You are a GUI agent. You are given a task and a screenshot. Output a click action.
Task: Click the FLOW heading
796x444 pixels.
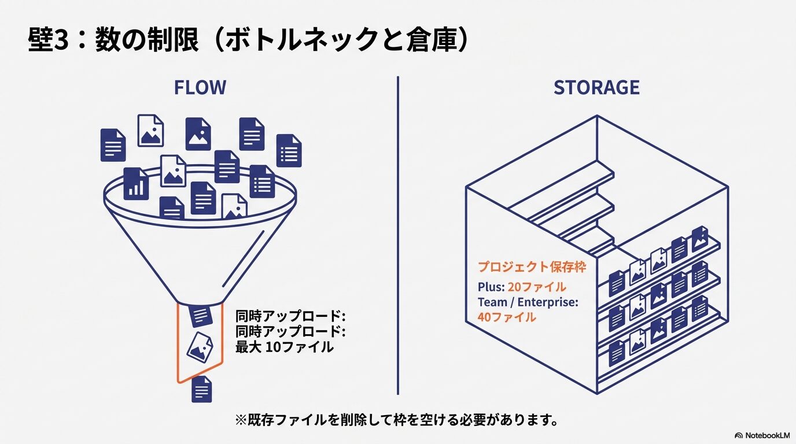point(200,88)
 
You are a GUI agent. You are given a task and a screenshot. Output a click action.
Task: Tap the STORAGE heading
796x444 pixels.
point(596,88)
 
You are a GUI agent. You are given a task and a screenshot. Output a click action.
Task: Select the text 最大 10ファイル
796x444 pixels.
point(284,347)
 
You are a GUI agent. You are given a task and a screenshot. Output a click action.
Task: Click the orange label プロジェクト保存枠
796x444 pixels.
point(532,267)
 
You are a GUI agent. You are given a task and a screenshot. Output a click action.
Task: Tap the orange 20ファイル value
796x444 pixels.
point(536,287)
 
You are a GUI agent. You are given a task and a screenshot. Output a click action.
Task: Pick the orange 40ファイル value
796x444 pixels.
point(506,317)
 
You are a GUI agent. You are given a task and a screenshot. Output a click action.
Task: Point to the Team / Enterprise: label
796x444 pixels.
point(528,302)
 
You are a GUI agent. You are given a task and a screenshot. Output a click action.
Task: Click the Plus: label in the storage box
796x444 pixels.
point(491,287)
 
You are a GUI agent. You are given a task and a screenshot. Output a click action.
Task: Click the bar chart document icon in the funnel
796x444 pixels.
point(136,183)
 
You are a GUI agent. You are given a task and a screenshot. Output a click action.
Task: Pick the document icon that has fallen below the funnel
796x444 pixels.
point(201,388)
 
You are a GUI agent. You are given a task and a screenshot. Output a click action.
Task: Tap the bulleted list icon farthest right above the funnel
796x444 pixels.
point(289,150)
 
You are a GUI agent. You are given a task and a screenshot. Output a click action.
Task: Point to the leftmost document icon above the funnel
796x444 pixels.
point(113,145)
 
